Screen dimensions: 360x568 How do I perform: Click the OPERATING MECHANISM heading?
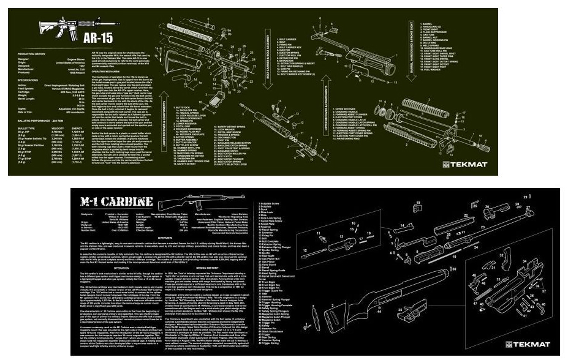click(105, 71)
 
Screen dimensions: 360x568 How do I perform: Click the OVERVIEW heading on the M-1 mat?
click(165, 238)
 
